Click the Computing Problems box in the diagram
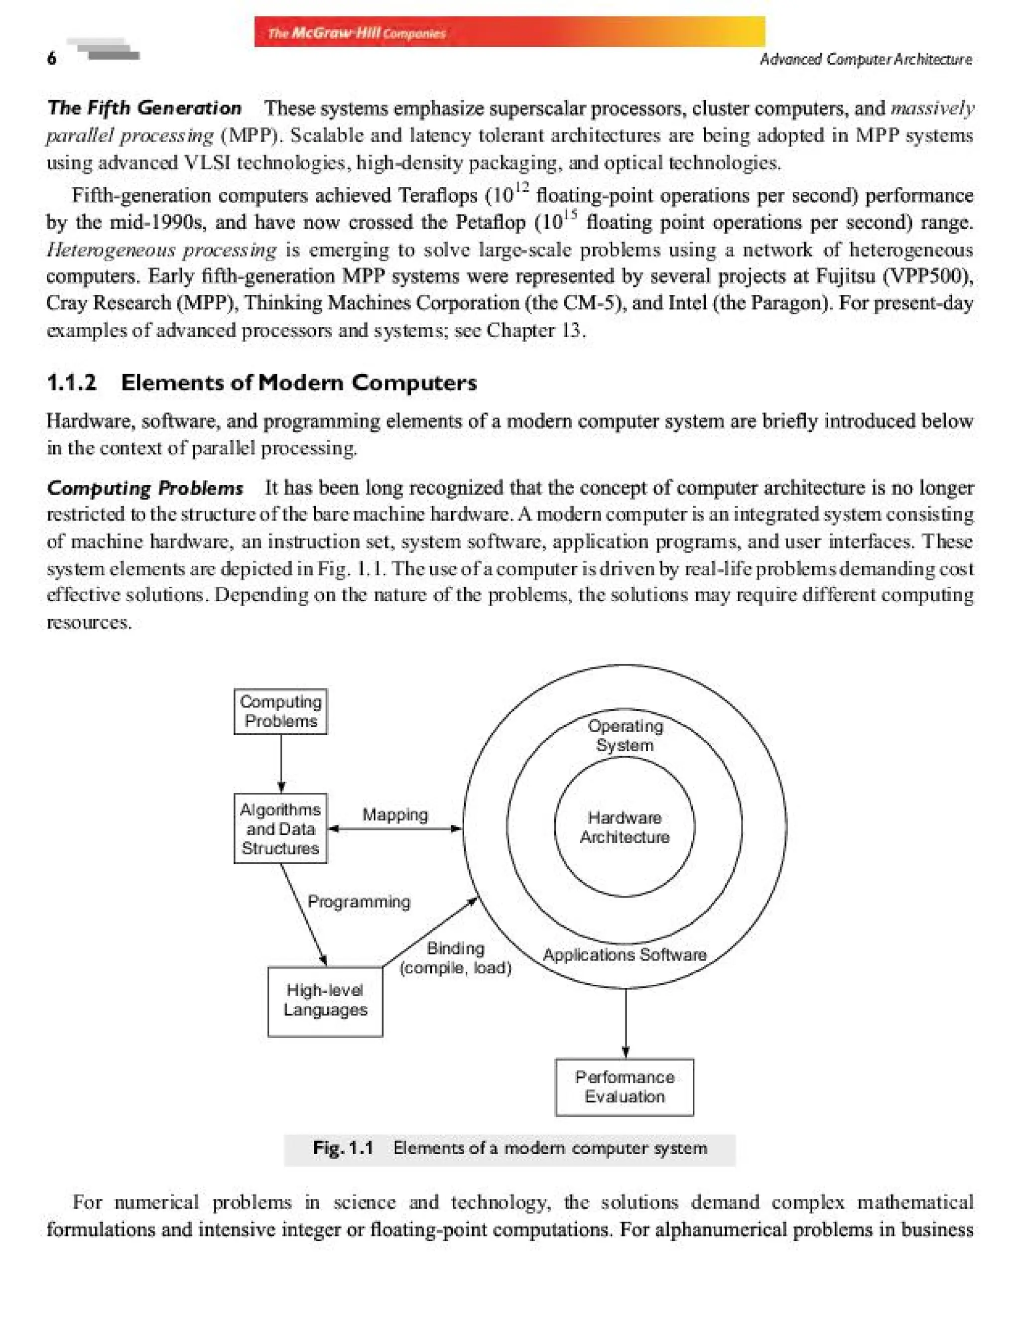pos(280,711)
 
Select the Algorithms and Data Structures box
pos(280,828)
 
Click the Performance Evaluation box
pos(624,1087)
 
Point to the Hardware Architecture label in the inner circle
pos(624,827)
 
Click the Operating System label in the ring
pos(625,735)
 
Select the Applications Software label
pos(624,954)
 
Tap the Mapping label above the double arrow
pos(395,814)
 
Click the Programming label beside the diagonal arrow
pos(359,901)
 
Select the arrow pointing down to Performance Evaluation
pos(626,1023)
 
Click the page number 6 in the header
pos(52,58)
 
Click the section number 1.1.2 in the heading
pos(72,383)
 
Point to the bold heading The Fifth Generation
pos(144,108)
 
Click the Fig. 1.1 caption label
pos(343,1148)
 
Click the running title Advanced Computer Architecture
pos(865,59)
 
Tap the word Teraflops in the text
pos(438,196)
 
